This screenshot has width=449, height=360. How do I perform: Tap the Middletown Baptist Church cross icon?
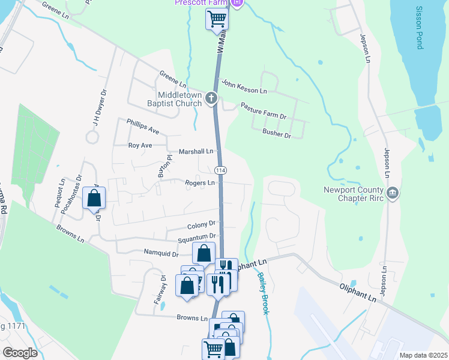pos(211,97)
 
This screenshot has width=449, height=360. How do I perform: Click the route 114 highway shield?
pos(220,170)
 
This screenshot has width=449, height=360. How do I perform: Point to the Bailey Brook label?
pos(262,293)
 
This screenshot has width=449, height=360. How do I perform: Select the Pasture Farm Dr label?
pos(264,110)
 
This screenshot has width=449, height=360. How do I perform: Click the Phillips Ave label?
pos(142,126)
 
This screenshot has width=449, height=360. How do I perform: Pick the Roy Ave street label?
pos(140,145)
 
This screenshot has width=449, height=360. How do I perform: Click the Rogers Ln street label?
pos(200,182)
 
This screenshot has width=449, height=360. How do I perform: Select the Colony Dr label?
pos(200,226)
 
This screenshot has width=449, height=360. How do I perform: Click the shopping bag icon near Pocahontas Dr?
pos(94,198)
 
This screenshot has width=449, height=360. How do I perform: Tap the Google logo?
pos(20,352)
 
